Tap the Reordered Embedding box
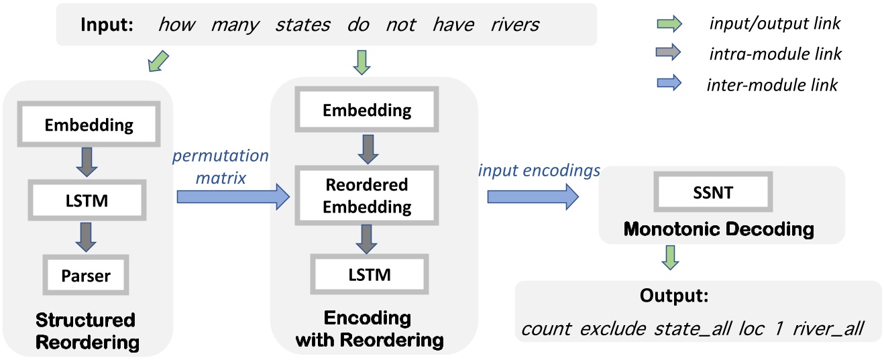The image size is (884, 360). click(367, 197)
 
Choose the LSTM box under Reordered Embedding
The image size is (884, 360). click(367, 274)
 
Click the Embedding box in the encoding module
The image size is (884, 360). click(367, 111)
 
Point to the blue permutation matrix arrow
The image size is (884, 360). click(233, 196)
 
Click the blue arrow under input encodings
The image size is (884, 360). click(532, 196)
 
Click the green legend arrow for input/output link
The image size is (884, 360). click(667, 24)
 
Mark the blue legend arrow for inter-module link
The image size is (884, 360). click(667, 84)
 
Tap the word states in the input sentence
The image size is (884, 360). click(302, 25)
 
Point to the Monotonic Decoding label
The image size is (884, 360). click(718, 229)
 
